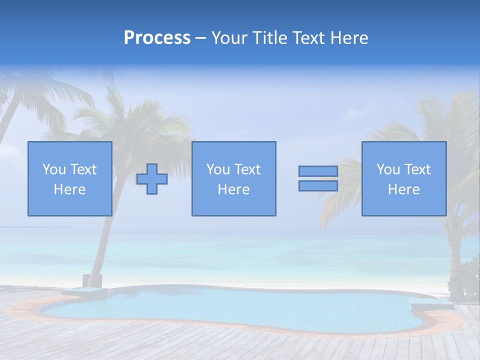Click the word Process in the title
157,38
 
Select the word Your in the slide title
227,38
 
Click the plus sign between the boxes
152,179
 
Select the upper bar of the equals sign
318,171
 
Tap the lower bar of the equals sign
318,186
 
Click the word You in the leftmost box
53,169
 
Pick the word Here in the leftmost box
69,189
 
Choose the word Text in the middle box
247,169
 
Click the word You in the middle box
217,169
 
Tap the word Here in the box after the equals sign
403,189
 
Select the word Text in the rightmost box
417,169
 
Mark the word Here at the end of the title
348,38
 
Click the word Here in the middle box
233,189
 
